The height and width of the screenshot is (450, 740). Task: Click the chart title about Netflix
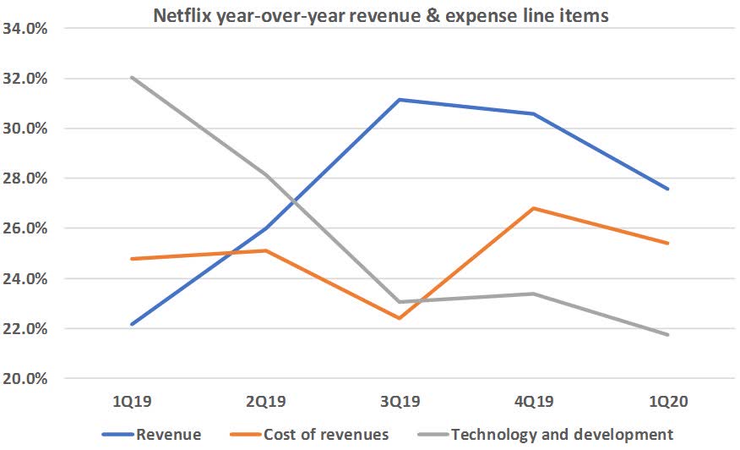380,15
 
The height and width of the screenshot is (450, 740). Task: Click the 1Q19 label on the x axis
133,403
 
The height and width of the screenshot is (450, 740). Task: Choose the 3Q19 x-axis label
400,403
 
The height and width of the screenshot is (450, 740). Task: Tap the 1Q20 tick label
667,403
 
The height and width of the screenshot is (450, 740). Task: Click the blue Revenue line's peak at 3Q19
400,100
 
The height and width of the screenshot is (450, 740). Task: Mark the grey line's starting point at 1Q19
133,78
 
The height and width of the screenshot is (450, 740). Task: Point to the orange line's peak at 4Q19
533,208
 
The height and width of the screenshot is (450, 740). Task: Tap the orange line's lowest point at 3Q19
400,318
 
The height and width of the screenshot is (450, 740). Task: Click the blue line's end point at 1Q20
667,189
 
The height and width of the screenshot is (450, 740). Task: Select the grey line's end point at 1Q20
667,335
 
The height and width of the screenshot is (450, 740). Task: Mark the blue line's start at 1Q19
133,324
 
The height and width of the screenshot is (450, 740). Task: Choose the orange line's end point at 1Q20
667,243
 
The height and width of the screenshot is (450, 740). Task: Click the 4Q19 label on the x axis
533,403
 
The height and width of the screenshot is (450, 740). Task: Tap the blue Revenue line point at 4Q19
533,114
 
